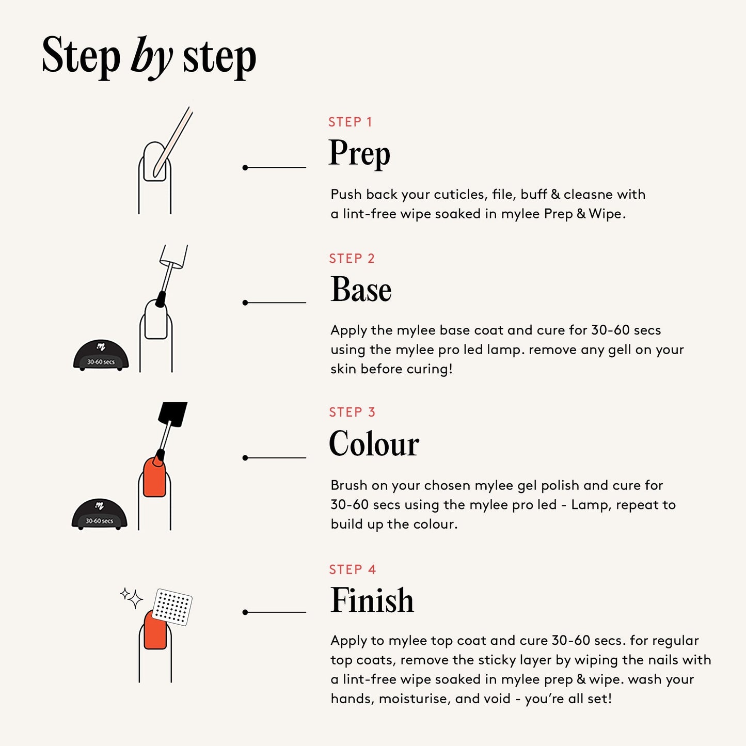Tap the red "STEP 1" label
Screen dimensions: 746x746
coord(350,122)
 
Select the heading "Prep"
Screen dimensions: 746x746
coord(359,154)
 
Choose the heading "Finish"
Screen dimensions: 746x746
coord(372,600)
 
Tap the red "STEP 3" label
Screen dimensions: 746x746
coord(352,412)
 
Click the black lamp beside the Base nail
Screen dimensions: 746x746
coord(101,355)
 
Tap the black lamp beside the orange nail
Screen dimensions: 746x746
coord(100,514)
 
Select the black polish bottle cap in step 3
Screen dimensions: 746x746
coord(172,414)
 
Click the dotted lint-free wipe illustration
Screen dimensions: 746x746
coord(172,607)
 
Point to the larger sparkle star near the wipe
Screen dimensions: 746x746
coord(135,599)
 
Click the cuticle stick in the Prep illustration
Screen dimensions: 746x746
coord(172,142)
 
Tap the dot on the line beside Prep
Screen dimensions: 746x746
coord(245,168)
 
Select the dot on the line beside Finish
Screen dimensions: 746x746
coord(245,612)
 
